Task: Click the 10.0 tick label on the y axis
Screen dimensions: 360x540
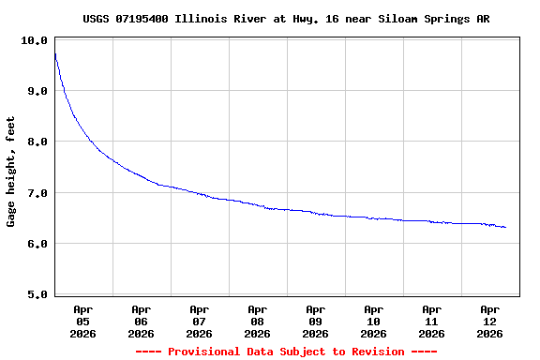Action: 35,40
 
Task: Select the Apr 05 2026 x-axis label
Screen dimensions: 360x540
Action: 83,321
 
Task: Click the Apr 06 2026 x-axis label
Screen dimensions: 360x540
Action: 142,321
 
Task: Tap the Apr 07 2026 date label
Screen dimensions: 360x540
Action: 200,321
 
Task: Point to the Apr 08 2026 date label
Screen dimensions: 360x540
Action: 258,321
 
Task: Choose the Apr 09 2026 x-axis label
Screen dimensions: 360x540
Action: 316,321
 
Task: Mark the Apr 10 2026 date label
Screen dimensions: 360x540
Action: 374,321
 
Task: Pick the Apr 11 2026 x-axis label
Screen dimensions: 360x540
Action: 432,321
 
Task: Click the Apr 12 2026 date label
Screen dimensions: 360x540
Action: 490,321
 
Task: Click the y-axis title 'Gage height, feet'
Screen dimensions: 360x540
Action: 11,172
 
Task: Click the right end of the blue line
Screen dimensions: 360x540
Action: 506,228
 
